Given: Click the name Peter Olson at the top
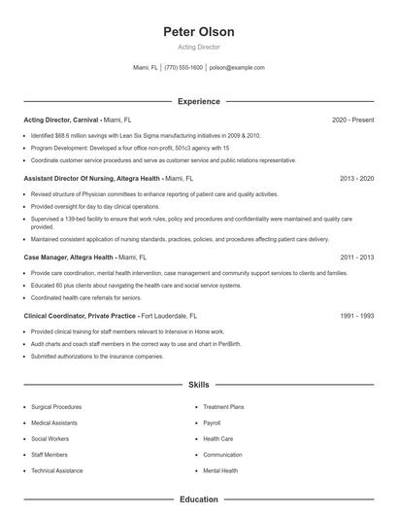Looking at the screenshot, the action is click(199, 32).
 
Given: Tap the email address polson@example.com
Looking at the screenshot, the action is click(237, 68).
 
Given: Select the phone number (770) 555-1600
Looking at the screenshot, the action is click(183, 68).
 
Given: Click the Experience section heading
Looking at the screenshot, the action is click(199, 101).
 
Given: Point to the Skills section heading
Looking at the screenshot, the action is click(199, 385).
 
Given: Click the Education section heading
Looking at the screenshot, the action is click(199, 499).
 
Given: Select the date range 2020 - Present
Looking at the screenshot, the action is click(352, 120).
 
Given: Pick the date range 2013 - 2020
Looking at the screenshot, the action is click(357, 179).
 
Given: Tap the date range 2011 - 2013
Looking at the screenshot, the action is click(357, 257).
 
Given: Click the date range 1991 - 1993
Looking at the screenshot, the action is click(357, 316).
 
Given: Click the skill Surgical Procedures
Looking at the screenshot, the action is click(56, 407).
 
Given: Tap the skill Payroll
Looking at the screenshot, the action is click(212, 424).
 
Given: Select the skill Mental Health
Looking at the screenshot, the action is click(220, 470).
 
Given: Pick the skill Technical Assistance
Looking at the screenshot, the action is click(57, 470).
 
